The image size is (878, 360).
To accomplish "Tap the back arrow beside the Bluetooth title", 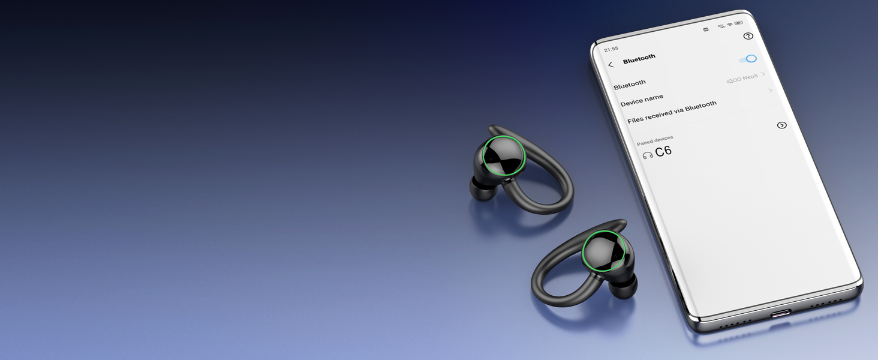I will pos(611,65).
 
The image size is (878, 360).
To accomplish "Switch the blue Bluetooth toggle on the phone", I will pos(748,59).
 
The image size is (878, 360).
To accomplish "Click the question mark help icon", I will pos(748,36).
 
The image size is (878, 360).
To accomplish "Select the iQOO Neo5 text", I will pos(742,78).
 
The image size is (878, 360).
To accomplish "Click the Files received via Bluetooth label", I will pos(672,112).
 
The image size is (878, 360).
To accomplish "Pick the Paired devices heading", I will pos(655,140).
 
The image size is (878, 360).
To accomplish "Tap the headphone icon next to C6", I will pos(648,155).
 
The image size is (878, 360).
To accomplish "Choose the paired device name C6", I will pos(663,152).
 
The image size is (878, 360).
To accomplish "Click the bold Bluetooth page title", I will pos(639,58).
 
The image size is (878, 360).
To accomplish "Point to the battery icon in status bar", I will pos(739,23).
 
